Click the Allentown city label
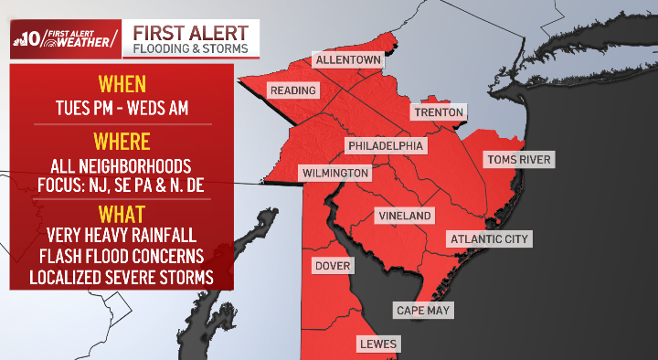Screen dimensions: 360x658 click(x=347, y=59)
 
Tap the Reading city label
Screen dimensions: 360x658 click(x=292, y=90)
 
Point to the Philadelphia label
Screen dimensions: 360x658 click(x=385, y=145)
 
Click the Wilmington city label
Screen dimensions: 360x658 click(x=335, y=173)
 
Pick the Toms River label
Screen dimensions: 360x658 click(x=519, y=159)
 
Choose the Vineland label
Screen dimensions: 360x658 click(x=403, y=215)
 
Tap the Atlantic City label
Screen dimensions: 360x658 click(x=489, y=238)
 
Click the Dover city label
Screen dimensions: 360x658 click(x=333, y=266)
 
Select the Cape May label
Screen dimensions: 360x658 click(x=422, y=310)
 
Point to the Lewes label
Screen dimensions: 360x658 click(x=380, y=344)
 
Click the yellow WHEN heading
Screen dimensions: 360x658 click(x=122, y=84)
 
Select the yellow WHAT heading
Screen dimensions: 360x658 click(x=122, y=214)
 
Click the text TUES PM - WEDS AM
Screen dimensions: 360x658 click(x=122, y=108)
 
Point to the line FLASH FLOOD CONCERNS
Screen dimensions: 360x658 click(x=122, y=256)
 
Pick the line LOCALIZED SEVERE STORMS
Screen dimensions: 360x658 click(x=122, y=276)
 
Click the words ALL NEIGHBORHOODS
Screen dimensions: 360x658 click(x=122, y=166)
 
